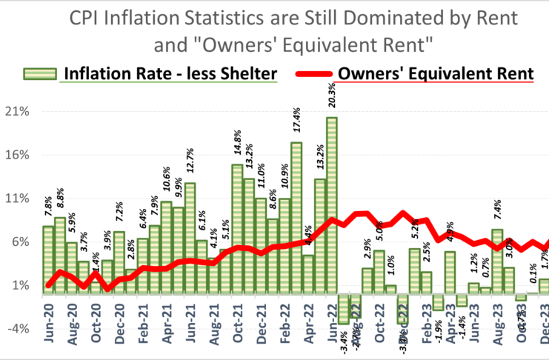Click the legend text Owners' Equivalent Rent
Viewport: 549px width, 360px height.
point(435,73)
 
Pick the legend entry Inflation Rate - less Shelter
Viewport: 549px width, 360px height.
point(170,73)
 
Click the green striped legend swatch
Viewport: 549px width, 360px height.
point(41,73)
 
